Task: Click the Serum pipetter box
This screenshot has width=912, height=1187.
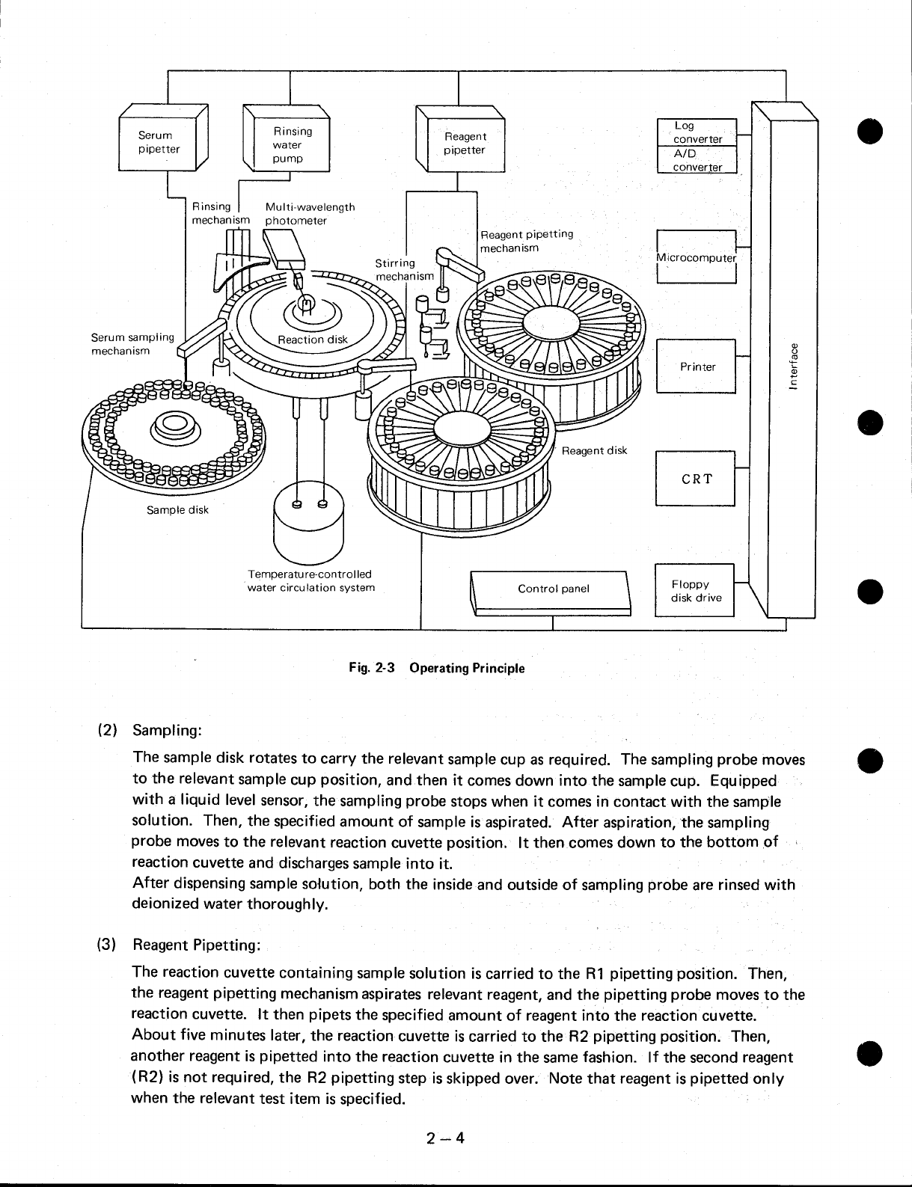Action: point(159,142)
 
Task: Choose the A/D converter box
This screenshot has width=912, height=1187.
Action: point(697,160)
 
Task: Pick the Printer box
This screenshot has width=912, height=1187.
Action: point(697,366)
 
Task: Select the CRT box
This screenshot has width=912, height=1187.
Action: point(696,479)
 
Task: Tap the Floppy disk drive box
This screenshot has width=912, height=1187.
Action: point(695,591)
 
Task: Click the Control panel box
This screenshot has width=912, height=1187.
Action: point(553,589)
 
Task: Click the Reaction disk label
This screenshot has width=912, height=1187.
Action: point(313,340)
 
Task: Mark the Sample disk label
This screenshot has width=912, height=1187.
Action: point(177,510)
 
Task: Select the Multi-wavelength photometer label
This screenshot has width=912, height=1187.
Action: point(309,213)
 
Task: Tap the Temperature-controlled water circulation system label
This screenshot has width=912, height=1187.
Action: point(310,581)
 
